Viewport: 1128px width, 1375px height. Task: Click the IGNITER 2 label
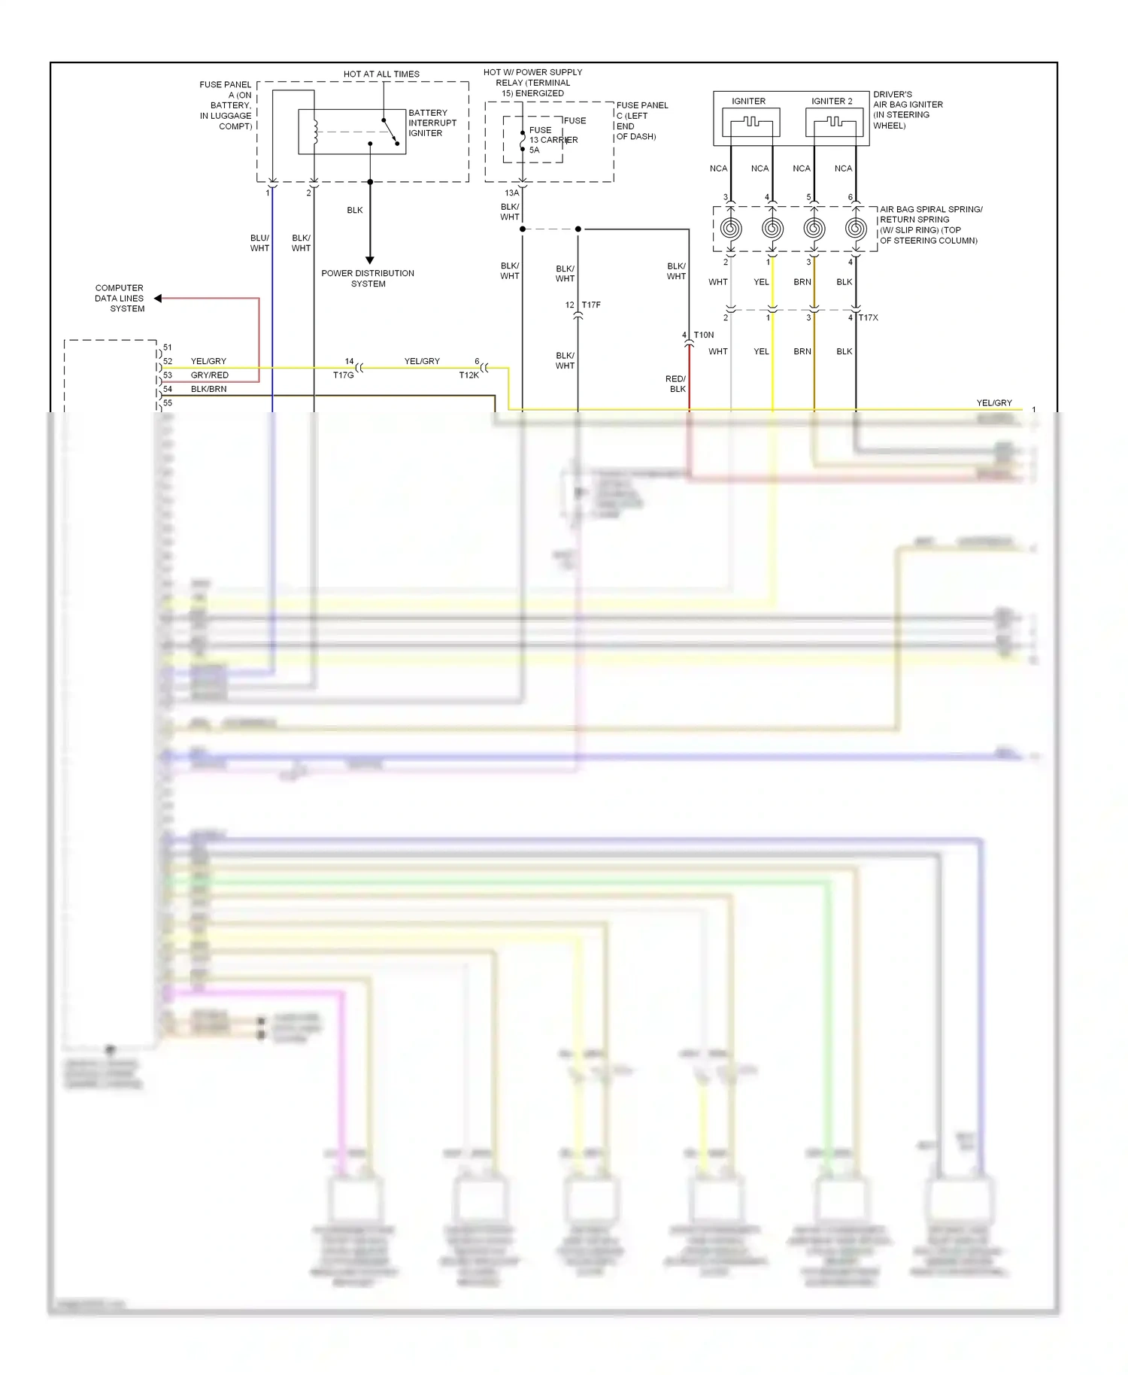point(832,101)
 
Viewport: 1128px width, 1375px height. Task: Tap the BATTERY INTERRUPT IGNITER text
point(432,123)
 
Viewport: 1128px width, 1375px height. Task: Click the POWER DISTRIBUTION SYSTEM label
point(368,278)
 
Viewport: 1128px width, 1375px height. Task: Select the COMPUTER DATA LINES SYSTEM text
point(120,298)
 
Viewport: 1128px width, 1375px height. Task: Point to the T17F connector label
point(591,305)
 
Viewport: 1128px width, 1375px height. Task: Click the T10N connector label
point(704,335)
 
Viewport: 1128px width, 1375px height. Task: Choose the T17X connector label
point(869,317)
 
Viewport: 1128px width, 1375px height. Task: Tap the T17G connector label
point(343,375)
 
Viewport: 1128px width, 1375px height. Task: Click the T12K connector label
point(469,375)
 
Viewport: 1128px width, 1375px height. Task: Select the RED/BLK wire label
point(676,384)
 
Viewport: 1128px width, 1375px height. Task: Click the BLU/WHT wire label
point(259,243)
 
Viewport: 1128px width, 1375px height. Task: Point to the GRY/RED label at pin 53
point(209,375)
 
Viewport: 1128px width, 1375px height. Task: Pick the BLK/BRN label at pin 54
point(208,389)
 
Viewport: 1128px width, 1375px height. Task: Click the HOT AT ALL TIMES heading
point(381,74)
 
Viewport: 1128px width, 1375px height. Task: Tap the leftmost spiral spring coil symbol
point(731,228)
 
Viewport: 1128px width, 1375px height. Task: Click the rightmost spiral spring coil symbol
point(856,228)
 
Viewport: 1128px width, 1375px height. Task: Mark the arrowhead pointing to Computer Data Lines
point(158,299)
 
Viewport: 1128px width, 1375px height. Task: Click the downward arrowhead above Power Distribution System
point(370,260)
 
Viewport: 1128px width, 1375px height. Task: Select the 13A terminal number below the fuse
point(511,193)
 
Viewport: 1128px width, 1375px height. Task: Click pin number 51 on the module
point(168,348)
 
